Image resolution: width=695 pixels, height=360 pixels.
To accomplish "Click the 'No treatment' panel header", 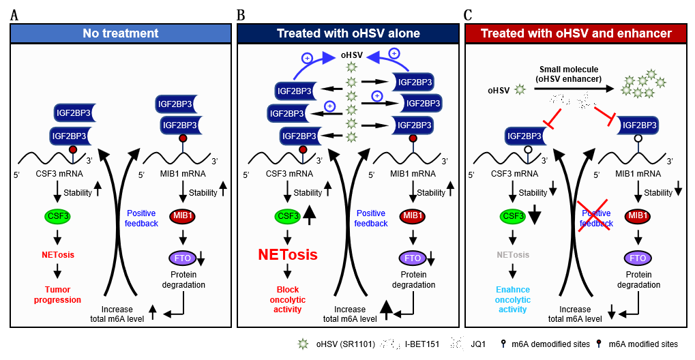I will pos(120,33).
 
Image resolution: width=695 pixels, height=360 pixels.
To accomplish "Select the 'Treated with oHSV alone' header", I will pos(348,33).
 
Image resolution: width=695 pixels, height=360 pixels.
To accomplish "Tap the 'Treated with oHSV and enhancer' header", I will pos(576,33).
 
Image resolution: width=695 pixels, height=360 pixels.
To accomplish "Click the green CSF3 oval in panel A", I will pos(57,217).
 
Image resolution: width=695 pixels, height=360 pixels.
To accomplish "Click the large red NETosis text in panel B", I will pos(287,255).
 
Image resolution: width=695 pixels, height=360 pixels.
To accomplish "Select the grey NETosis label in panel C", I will pos(512,255).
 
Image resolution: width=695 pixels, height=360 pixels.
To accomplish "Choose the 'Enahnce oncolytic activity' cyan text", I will pos(512,299).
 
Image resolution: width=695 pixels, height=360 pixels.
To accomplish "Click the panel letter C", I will pos(468,14).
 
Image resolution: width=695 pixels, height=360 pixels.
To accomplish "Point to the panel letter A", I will pos(14,14).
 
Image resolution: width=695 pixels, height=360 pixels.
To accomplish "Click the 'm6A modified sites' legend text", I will pos(644,343).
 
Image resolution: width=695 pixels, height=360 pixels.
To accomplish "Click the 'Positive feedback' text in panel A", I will pos(141,218).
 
